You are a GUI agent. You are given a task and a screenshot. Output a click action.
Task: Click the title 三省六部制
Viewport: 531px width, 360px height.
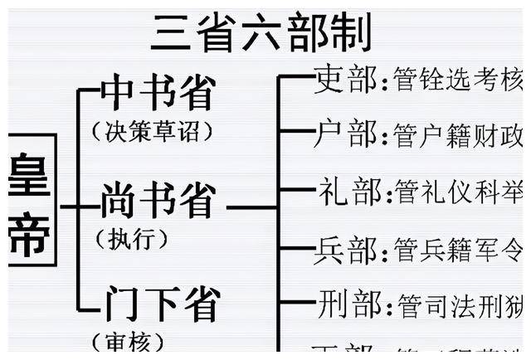pyautogui.click(x=261, y=32)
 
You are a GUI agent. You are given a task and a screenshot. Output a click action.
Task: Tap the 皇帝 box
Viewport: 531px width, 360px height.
pyautogui.click(x=32, y=200)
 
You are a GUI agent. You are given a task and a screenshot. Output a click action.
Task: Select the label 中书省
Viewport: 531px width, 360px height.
pyautogui.click(x=158, y=93)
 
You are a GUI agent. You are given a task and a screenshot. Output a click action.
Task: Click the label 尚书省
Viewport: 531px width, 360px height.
pyautogui.click(x=158, y=201)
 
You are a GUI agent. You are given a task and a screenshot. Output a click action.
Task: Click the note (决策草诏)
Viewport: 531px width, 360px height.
pyautogui.click(x=153, y=130)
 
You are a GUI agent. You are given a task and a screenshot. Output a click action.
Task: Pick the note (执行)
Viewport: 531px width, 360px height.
pyautogui.click(x=134, y=240)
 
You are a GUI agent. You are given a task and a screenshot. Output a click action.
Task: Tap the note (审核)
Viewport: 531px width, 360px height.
pyautogui.click(x=129, y=342)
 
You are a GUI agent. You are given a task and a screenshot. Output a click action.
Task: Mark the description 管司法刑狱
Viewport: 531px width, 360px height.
pyautogui.click(x=460, y=304)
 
